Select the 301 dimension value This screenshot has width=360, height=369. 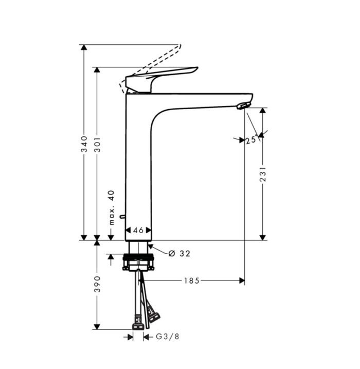click(x=97, y=145)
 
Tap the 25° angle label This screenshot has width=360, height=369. click(x=251, y=140)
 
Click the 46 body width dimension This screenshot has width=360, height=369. click(x=138, y=231)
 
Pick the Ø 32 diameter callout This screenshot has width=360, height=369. click(x=180, y=253)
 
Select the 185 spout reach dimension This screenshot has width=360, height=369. click(x=191, y=280)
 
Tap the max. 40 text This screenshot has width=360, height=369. click(x=111, y=207)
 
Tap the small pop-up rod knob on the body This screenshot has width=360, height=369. click(x=122, y=217)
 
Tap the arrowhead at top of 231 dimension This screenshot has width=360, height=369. click(x=263, y=111)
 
